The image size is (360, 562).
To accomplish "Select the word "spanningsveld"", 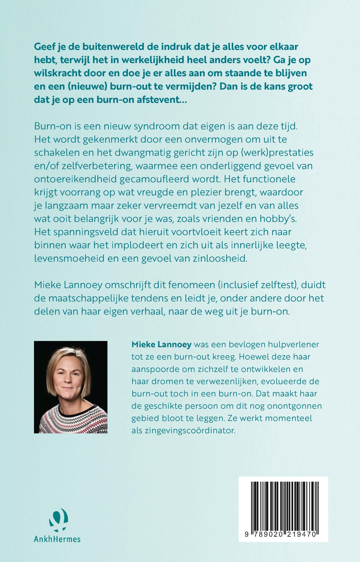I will (84, 232).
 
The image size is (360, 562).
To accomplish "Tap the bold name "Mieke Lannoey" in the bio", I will (161, 344).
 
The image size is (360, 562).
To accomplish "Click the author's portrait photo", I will (71, 387).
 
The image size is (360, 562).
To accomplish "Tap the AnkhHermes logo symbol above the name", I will (58, 520).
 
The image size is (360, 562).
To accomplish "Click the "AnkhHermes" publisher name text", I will (57, 539).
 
